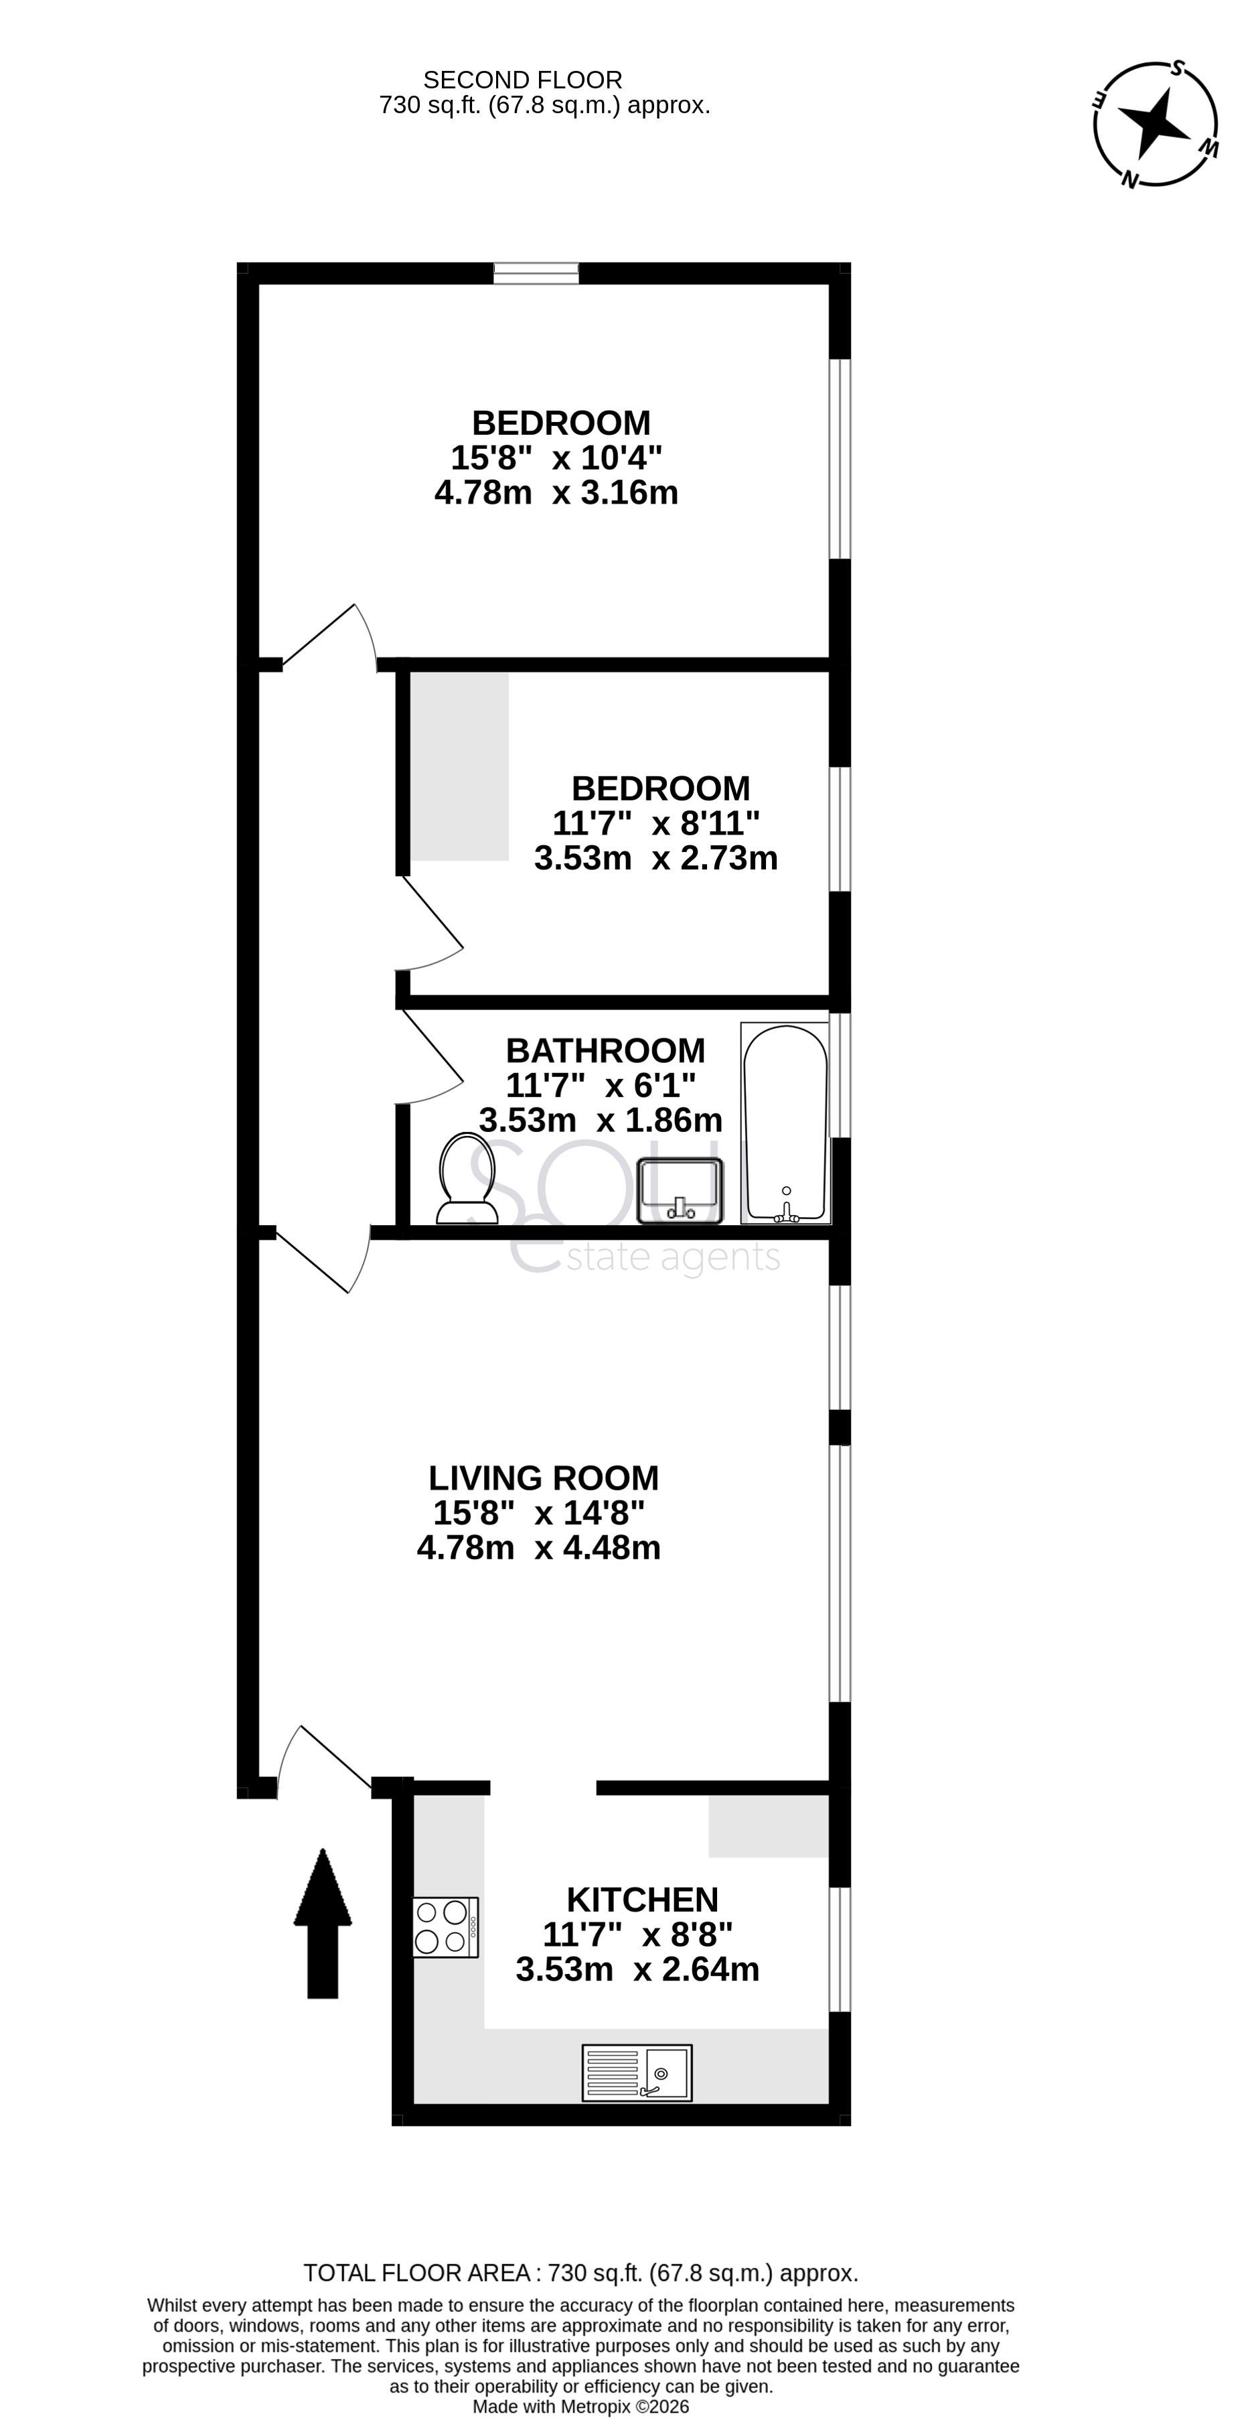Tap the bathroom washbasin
[680, 1190]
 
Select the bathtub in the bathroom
[785, 1123]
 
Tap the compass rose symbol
[1155, 124]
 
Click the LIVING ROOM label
[543, 1478]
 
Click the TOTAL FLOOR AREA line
[580, 2273]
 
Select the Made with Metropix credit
[580, 2407]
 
